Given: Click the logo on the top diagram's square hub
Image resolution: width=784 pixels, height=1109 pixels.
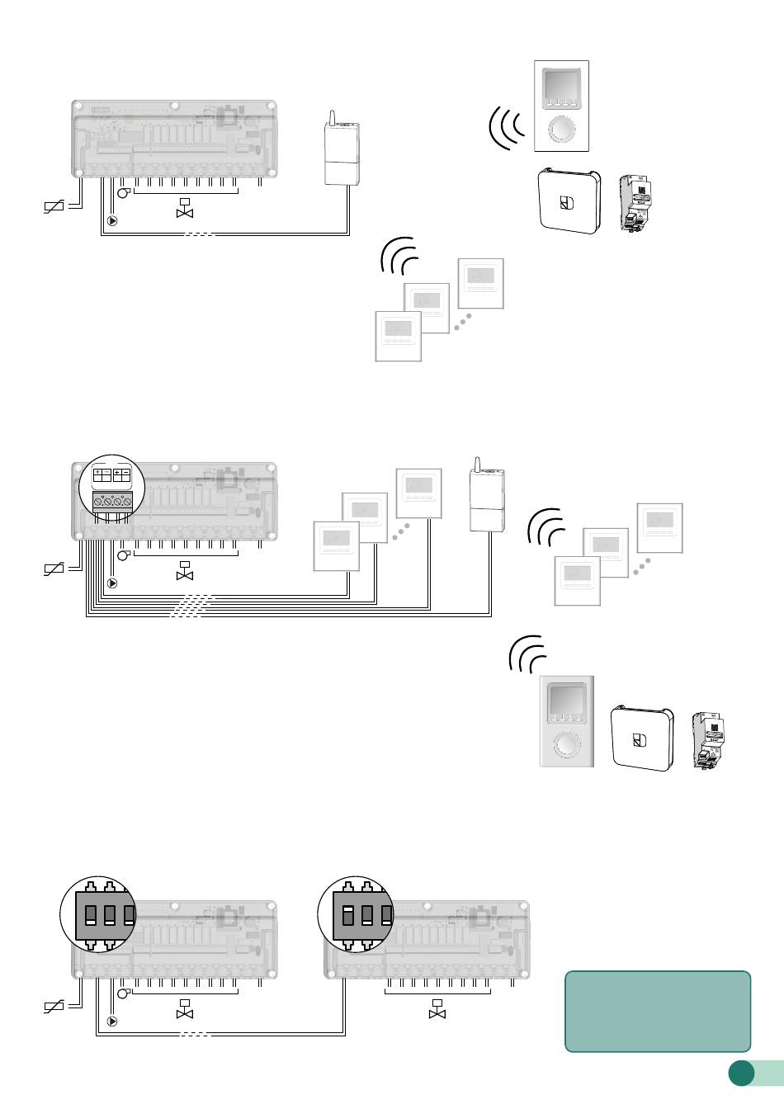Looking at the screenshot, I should coord(567,202).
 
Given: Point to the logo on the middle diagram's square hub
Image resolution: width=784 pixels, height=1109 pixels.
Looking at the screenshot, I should coord(640,739).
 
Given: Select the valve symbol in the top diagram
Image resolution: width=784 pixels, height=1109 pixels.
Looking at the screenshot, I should coord(185,209).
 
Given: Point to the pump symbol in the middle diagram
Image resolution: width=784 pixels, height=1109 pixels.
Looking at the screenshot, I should coord(112,583).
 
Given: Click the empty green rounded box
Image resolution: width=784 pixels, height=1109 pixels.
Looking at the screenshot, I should coord(658,1011).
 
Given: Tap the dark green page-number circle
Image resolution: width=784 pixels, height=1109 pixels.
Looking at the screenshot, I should coord(741,1073).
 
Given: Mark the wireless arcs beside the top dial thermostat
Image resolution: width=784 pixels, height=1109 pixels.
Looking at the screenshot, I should coord(506,125).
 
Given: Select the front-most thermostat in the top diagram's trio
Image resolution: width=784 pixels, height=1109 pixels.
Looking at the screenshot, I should coord(398,335).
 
